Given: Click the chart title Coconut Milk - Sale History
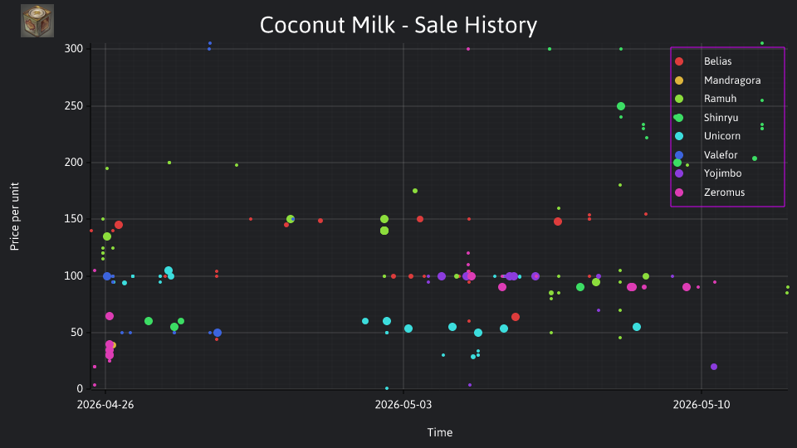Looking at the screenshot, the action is coord(398,25).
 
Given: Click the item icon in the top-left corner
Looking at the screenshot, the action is coord(37,21).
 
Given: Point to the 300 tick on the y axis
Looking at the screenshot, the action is coord(74,49).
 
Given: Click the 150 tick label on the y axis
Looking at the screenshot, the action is coord(74,219).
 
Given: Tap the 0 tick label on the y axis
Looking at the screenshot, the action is coord(80,388).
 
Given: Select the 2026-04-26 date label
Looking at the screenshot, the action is coord(105,405).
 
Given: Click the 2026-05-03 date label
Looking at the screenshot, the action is coord(403,405).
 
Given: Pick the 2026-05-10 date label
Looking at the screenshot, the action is coord(702,405).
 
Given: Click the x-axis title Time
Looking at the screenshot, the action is coord(440,432).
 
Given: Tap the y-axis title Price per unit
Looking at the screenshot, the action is coord(15,217).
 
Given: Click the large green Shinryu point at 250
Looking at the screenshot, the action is coord(621,106).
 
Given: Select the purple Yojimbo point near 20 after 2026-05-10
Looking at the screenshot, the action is coord(714,367).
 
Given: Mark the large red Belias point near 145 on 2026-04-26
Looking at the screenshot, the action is coord(119,225).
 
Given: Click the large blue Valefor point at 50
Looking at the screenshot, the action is coord(218,333).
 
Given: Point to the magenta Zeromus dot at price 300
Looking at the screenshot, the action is coord(468,49).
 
